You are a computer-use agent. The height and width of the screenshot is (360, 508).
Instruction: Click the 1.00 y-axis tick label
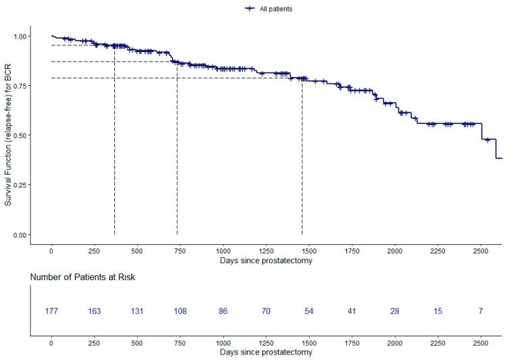22,36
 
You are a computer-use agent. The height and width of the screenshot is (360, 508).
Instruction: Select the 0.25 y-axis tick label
22,185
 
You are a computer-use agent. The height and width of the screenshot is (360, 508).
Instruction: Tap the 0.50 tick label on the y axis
22,135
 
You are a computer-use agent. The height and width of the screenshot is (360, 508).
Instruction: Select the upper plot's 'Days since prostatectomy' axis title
266,260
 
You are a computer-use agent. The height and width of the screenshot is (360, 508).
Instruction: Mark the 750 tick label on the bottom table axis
180,343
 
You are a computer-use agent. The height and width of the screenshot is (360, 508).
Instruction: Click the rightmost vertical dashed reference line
302,156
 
